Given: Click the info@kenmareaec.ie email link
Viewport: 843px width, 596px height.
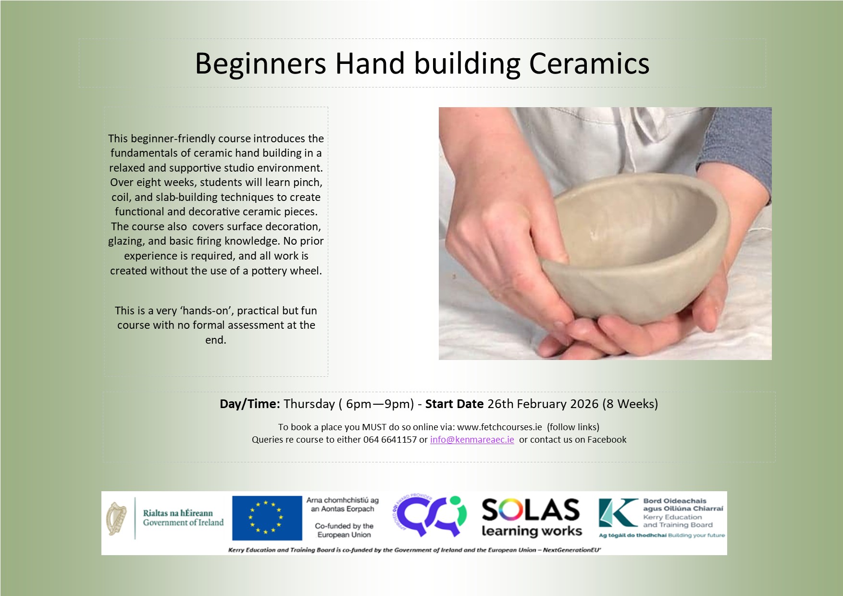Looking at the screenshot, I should point(472,439).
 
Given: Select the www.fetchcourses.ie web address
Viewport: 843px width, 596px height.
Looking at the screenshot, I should point(499,427).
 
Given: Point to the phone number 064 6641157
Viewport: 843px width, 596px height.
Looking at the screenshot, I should point(390,439).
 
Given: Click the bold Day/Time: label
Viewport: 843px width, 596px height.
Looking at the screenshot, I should point(249,404).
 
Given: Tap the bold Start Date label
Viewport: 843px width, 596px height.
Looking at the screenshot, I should point(454,404).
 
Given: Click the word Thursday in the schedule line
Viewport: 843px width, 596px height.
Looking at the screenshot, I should point(309,404).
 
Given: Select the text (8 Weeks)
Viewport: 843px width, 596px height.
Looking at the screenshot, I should point(630,404).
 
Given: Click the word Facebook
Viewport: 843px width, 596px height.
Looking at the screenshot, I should point(607,439).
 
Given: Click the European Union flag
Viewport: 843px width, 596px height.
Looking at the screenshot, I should point(267,518).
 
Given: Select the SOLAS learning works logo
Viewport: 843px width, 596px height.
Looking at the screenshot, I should point(531,518).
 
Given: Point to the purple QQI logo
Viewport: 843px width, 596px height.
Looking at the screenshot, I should point(430,516).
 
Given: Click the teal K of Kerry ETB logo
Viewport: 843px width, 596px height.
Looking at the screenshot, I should point(618,513).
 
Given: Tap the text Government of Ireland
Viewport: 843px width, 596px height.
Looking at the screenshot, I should point(183,522).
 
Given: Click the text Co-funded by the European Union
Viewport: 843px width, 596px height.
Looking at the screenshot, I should point(344,530).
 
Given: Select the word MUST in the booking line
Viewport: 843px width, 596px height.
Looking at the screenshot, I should point(374,427).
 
